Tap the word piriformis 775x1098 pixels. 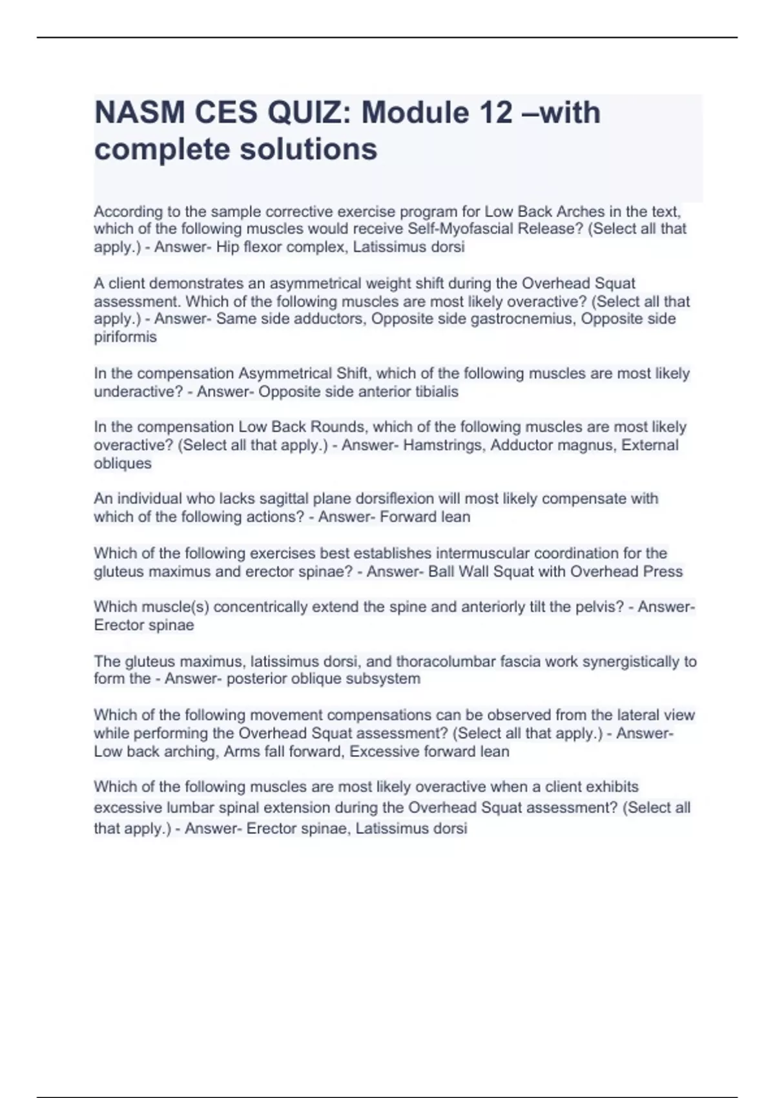point(125,337)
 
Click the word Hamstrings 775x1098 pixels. point(444,445)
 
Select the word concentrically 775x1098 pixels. point(265,607)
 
